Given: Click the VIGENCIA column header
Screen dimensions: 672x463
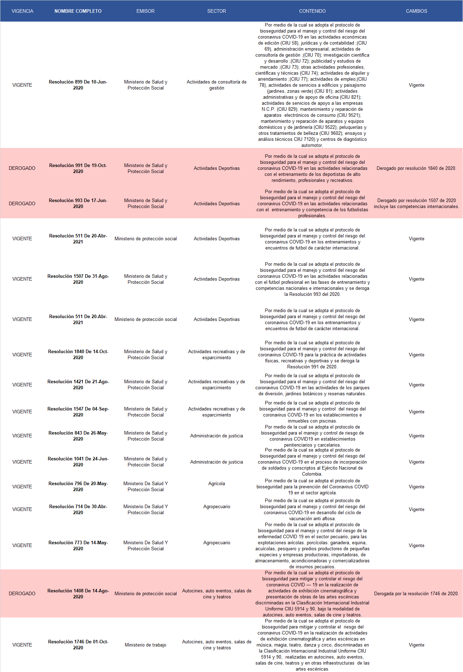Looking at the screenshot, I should click(22, 11).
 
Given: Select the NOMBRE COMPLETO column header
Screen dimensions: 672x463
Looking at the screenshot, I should click(78, 11).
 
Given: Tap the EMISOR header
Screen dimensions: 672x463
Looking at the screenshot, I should click(145, 11).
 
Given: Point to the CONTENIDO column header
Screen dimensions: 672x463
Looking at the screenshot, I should click(312, 11).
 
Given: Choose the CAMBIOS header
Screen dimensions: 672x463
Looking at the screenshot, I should click(416, 11).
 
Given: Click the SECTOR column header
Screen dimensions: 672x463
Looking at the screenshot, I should click(216, 11).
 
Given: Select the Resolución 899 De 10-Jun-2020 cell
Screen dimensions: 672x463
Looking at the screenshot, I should click(78, 85).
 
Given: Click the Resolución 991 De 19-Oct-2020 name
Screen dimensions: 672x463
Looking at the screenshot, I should click(78, 168).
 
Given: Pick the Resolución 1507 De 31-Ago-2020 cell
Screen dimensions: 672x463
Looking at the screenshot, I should click(78, 279).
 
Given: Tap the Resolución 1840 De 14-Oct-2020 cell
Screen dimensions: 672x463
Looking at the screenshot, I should click(78, 355).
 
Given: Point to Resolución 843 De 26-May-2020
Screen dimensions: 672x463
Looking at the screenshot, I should click(78, 436).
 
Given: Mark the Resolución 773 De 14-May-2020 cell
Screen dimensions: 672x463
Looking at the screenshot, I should click(78, 545).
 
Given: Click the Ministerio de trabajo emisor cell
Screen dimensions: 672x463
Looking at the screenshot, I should click(145, 645).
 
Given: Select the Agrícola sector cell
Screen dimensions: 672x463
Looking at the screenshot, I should click(216, 483).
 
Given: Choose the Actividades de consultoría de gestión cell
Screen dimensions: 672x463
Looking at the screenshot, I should click(216, 85).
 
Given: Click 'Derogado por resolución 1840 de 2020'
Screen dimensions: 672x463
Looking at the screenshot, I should click(416, 168).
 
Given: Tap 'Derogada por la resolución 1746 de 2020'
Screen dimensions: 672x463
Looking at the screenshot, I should click(416, 593).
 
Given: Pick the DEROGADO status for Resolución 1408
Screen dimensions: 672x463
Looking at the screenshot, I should click(22, 593).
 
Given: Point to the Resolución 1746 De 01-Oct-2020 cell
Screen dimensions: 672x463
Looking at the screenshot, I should click(78, 644).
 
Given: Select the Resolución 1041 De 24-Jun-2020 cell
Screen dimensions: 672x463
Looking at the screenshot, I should click(78, 461).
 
